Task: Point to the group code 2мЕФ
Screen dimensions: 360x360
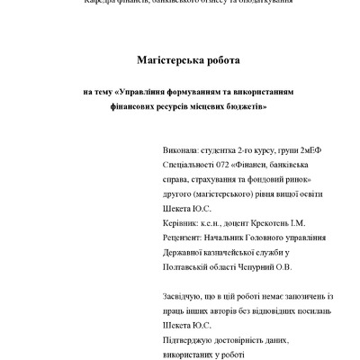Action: pyautogui.click(x=307, y=154)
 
